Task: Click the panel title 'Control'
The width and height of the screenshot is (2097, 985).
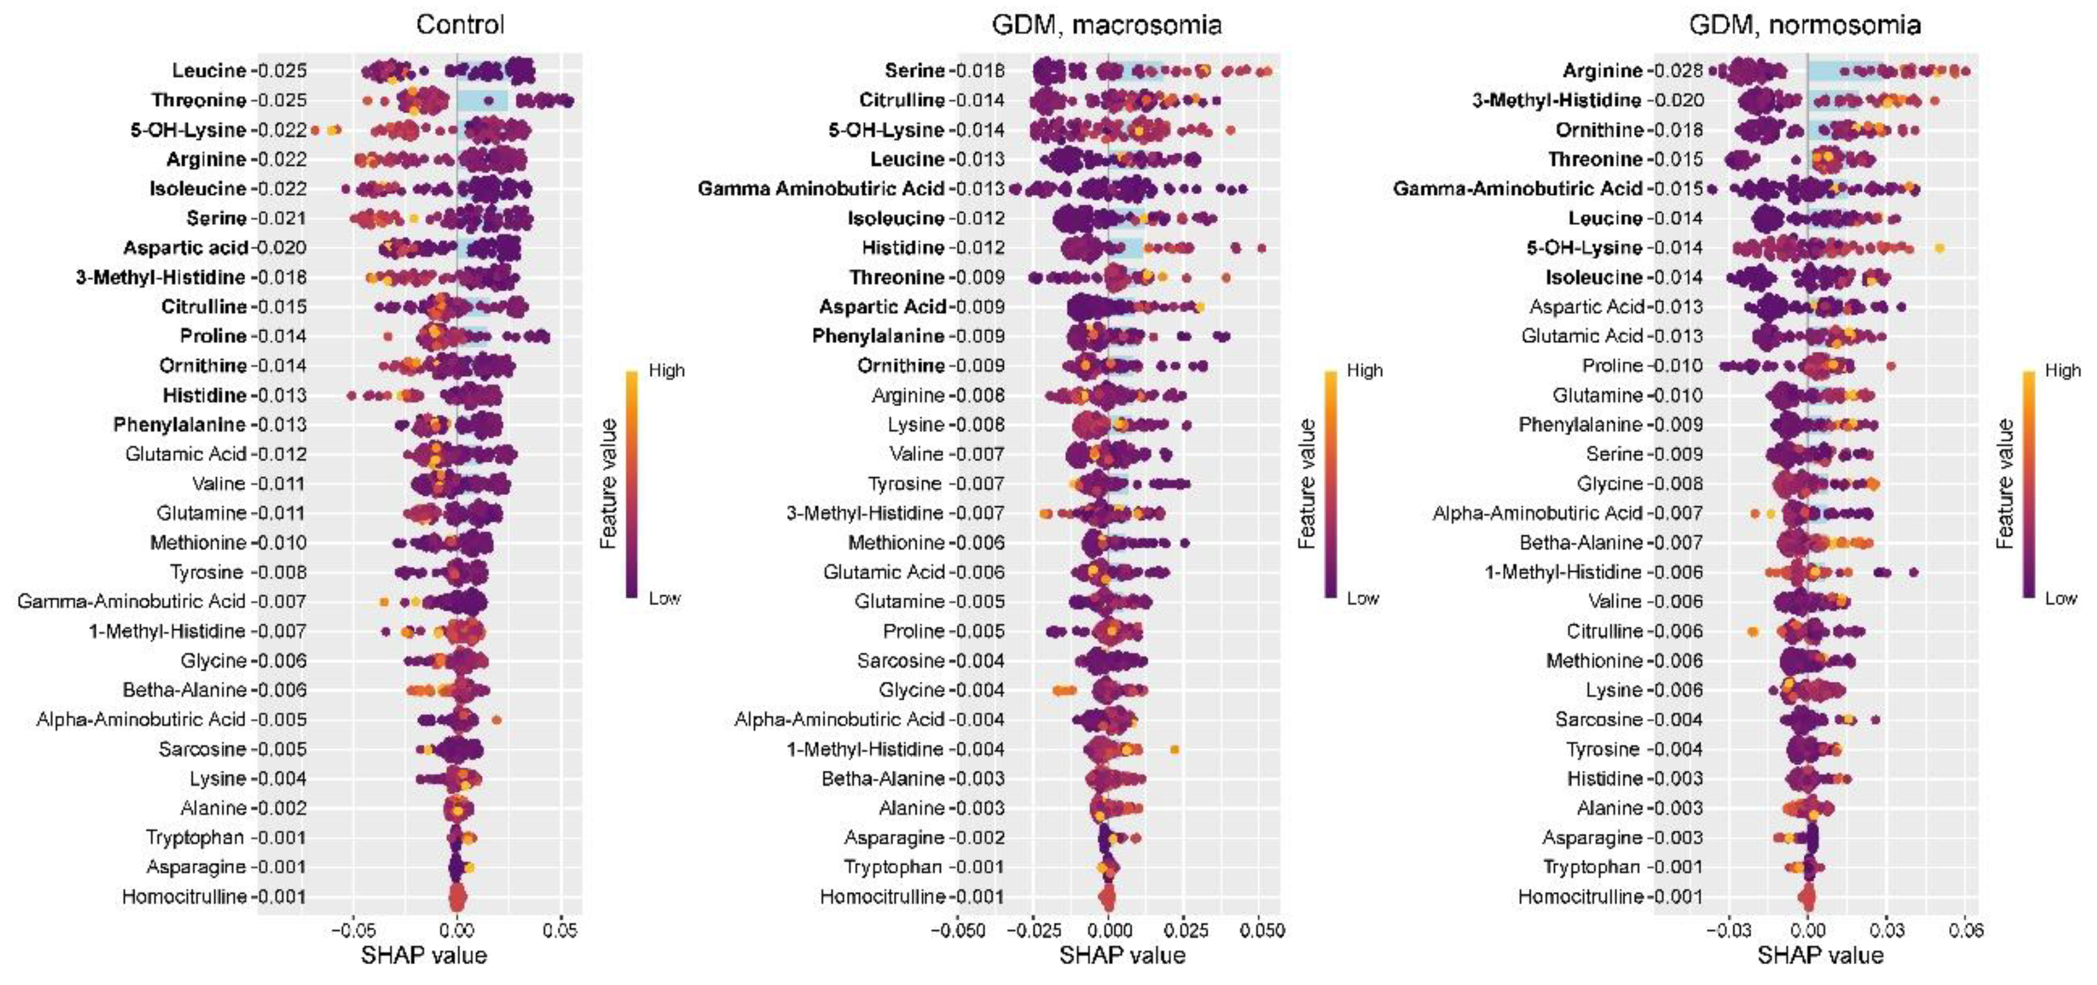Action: [460, 24]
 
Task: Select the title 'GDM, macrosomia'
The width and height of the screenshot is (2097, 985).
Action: [1106, 24]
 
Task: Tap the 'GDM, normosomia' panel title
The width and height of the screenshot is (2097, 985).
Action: [1805, 24]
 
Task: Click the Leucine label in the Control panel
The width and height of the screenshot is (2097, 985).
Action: [208, 71]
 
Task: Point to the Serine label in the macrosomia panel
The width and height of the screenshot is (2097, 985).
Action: [914, 71]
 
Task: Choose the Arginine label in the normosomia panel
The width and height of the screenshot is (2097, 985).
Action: [1602, 71]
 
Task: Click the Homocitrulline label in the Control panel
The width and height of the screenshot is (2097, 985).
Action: [184, 897]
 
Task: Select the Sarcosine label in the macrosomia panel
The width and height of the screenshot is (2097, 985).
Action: [900, 661]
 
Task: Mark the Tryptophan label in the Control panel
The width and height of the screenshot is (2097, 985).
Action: [195, 838]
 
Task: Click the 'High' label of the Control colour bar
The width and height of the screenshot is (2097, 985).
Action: [667, 371]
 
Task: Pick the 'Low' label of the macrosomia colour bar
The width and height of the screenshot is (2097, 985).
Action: [1363, 599]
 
